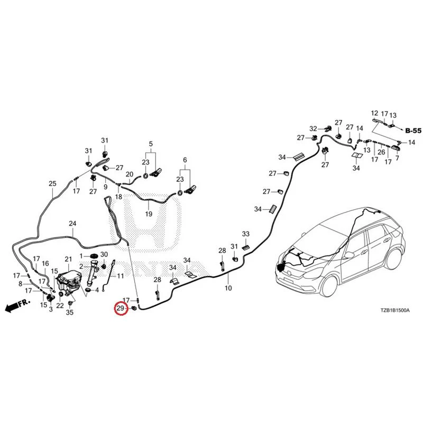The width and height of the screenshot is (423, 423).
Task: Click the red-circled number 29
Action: tap(120, 308)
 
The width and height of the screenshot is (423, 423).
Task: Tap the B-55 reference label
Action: tap(413, 131)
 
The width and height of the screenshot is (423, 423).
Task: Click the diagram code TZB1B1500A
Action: tap(394, 310)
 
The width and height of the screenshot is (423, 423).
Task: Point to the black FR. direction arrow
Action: tap(17, 306)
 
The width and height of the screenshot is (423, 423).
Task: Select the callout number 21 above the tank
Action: tap(68, 259)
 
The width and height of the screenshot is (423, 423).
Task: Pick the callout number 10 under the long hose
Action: tap(228, 288)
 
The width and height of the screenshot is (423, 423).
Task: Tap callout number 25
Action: tap(52, 184)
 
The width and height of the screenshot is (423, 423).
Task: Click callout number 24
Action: tap(72, 223)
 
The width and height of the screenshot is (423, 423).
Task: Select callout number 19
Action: tap(149, 214)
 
